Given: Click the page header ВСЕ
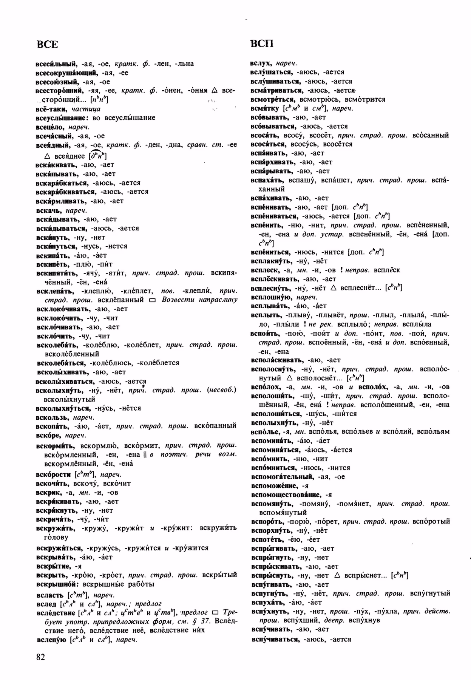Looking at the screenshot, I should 47,44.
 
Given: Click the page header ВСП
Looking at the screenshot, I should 262,44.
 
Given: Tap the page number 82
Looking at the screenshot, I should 40,657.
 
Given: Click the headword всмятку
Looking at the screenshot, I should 265,108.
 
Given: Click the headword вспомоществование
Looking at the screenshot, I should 286,495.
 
